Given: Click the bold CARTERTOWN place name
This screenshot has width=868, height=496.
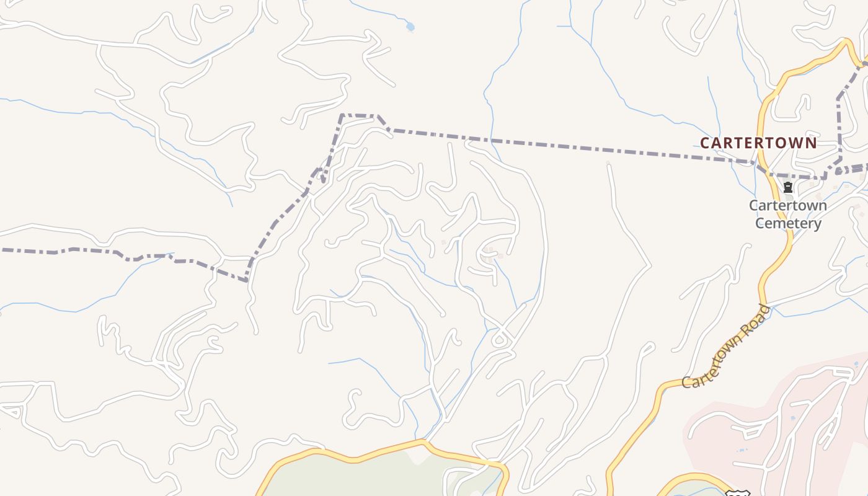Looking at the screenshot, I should click(x=758, y=143).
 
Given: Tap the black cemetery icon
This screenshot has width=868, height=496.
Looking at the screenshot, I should click(x=788, y=187).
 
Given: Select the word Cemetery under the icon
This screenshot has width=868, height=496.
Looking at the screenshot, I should click(x=788, y=223).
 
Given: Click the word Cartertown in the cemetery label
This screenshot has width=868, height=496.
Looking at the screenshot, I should click(x=788, y=205).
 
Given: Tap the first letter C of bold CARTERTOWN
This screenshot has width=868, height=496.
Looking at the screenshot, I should click(x=704, y=143).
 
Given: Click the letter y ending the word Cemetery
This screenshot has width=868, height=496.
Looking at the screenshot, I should click(x=818, y=224).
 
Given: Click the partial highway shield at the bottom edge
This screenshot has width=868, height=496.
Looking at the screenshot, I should click(x=737, y=493).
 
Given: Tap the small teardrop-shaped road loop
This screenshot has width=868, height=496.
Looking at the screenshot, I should click(x=499, y=340).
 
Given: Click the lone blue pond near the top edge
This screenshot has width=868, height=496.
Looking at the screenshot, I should click(x=409, y=27).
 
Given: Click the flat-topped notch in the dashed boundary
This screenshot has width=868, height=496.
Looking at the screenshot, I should click(x=359, y=115).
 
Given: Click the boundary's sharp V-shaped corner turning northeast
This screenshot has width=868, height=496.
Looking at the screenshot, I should click(x=247, y=280).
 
